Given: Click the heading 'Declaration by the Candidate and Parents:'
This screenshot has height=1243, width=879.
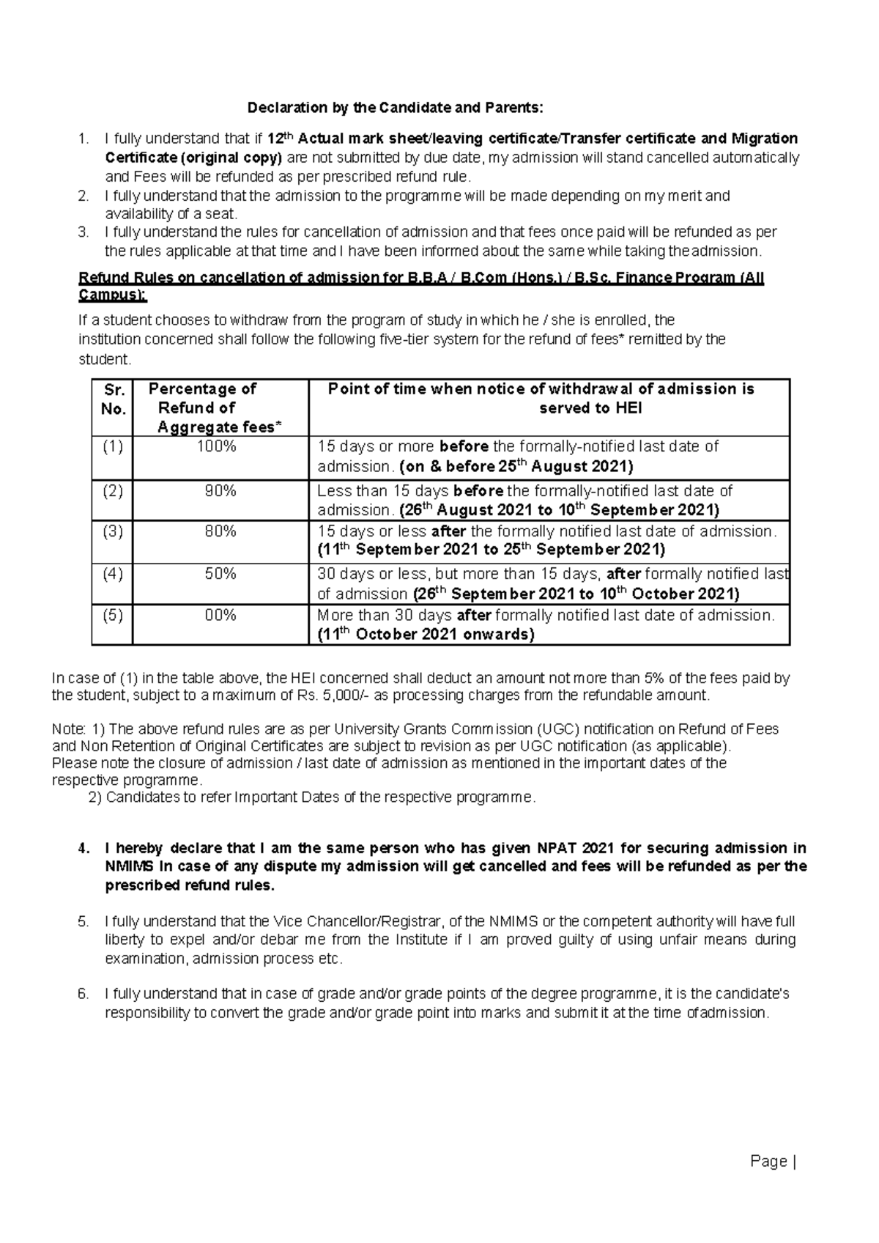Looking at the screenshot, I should [396, 108].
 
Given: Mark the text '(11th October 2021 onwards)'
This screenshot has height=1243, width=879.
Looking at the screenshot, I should [426, 635].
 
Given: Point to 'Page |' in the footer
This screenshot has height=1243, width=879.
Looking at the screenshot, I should [773, 1161].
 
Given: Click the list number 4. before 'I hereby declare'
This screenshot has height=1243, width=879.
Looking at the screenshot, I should [84, 849].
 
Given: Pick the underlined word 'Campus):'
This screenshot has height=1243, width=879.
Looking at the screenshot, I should [113, 296].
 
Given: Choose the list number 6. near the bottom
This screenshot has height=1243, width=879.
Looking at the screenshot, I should [84, 995].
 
